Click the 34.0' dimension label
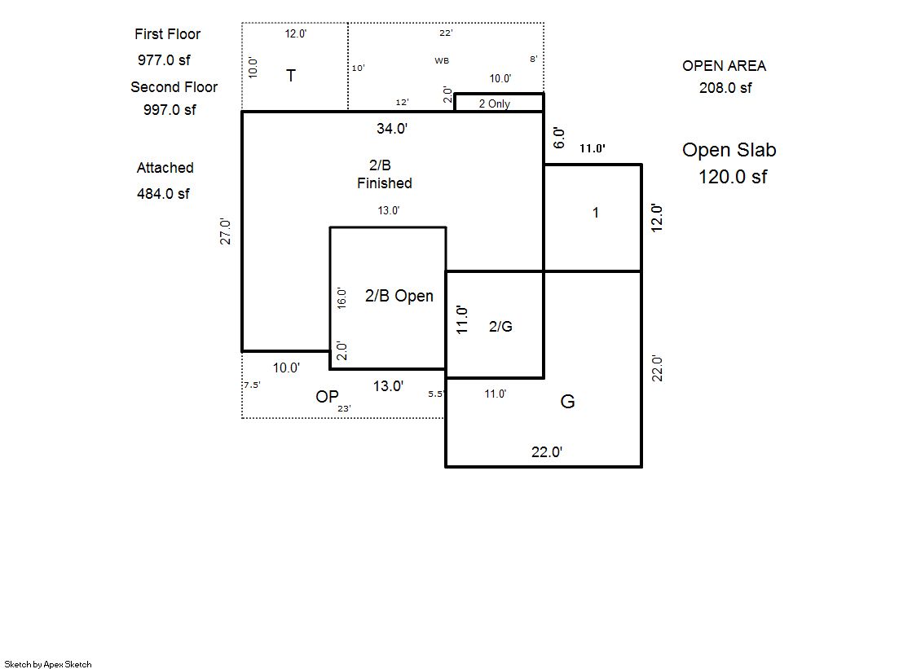(392, 129)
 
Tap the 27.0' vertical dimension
(225, 231)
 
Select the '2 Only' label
(495, 103)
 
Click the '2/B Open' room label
(399, 296)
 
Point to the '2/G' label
(500, 327)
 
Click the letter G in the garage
(567, 402)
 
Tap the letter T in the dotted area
(291, 76)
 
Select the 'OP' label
(327, 397)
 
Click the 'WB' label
(442, 60)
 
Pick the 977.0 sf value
(164, 60)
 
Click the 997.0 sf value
(170, 110)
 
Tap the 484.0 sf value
(163, 194)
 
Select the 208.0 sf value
(725, 88)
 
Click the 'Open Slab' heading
(729, 150)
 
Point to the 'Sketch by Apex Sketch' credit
(48, 664)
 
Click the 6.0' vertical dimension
(558, 138)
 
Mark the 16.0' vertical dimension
(341, 298)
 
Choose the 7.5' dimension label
(252, 385)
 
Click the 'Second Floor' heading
(174, 87)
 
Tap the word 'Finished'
(385, 183)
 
